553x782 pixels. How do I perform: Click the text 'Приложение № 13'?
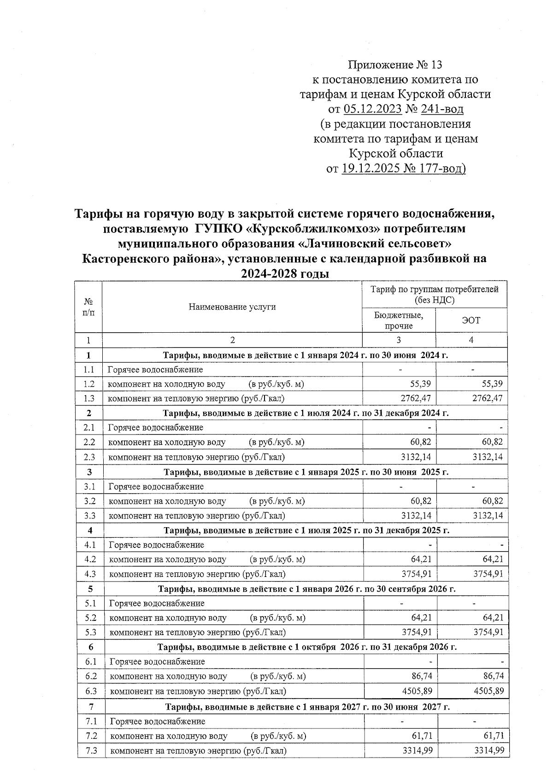395,65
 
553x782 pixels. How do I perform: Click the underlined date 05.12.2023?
372,109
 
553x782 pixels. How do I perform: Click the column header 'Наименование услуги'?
232,306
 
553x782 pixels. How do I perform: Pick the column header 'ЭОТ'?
471,320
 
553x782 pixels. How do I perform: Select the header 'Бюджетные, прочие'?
399,320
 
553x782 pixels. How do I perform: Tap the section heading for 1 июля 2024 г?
306,413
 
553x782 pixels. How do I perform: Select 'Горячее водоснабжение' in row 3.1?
156,486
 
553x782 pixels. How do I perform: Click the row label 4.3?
90,574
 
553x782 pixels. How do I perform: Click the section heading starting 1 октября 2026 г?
307,647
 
